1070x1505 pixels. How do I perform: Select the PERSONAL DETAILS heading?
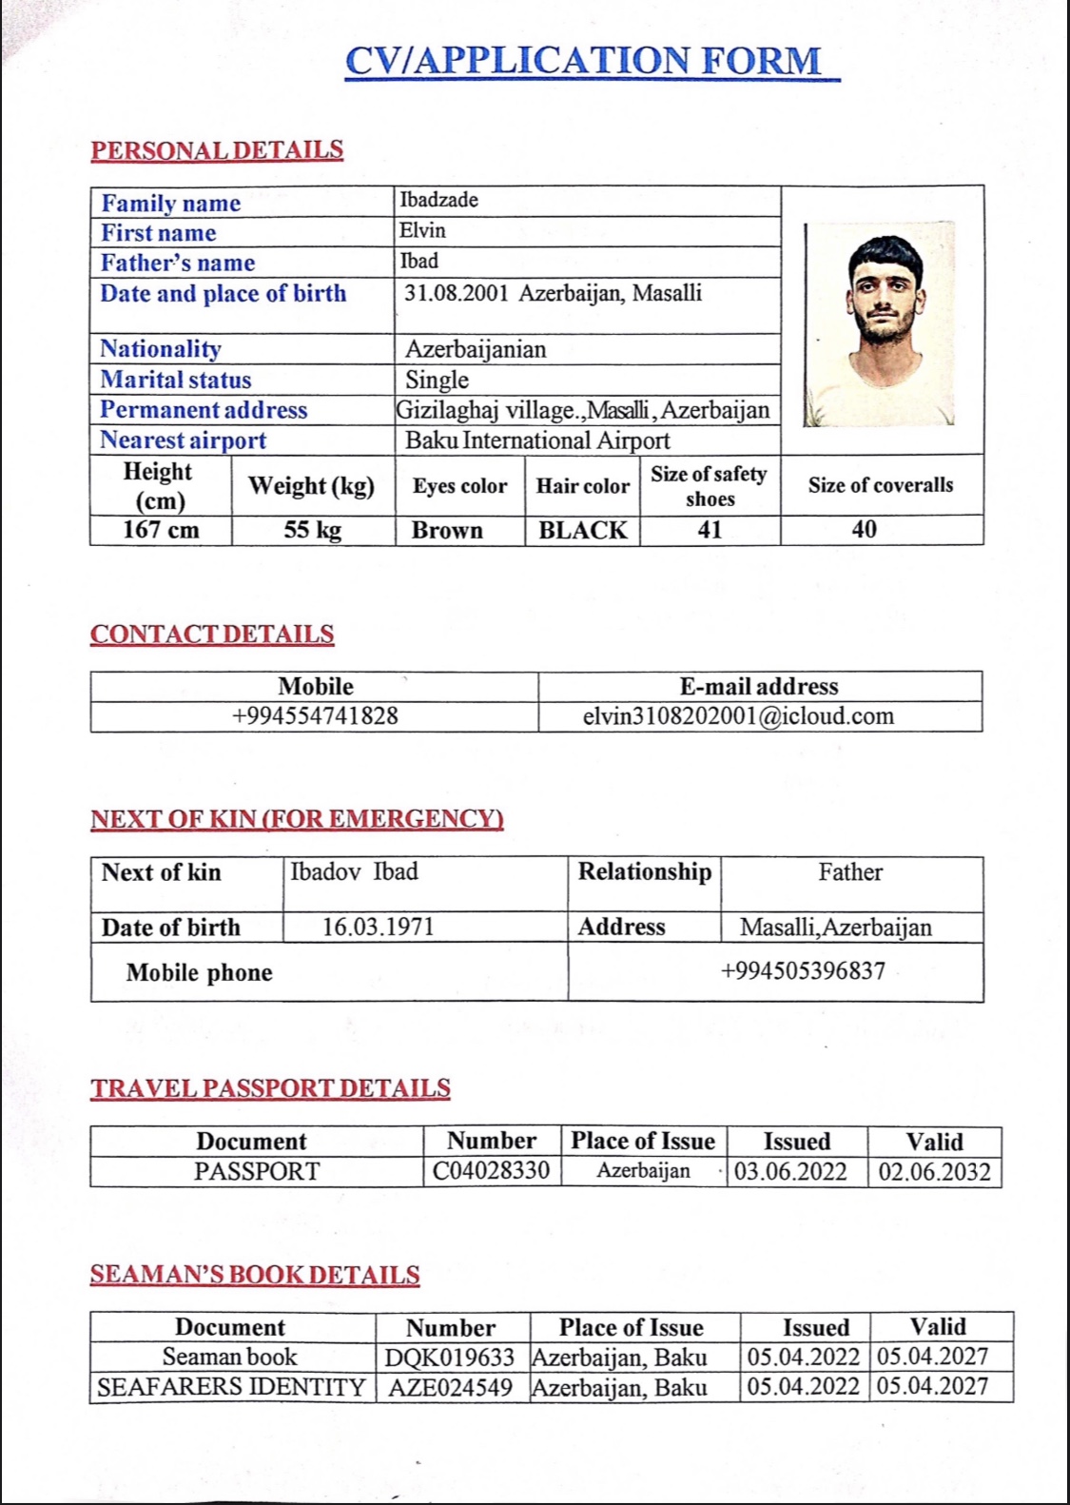(217, 150)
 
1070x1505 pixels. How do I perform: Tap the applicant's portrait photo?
(880, 324)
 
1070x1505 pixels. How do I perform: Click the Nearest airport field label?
(184, 440)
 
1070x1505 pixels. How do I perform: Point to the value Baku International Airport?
(537, 440)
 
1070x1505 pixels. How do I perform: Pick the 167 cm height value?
(161, 530)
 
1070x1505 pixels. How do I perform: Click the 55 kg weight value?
(312, 530)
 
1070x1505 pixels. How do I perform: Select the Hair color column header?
(582, 486)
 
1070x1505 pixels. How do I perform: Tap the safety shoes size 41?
(710, 530)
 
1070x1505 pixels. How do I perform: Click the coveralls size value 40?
(864, 529)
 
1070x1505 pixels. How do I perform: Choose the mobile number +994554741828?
(315, 716)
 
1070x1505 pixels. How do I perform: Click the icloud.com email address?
(738, 716)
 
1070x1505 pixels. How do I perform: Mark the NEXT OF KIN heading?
(297, 819)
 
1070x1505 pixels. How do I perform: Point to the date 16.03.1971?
(378, 927)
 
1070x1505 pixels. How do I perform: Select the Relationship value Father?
(850, 872)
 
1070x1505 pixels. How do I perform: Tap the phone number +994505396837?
(803, 971)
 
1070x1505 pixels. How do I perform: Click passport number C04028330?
(491, 1171)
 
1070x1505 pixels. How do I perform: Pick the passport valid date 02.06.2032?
(934, 1171)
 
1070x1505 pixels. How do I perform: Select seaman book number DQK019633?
(450, 1358)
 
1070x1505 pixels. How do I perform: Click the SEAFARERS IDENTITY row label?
(231, 1387)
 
